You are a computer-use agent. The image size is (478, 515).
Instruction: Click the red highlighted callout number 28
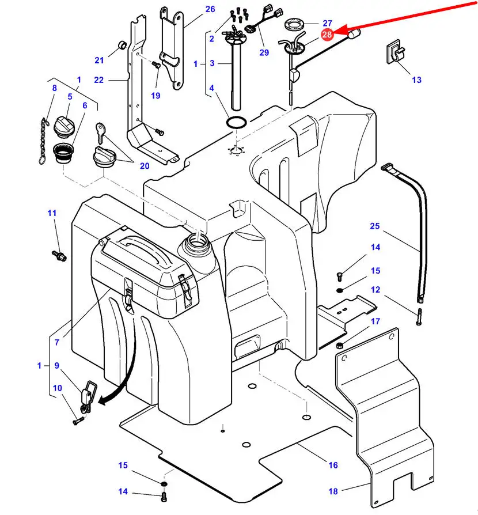(x=327, y=35)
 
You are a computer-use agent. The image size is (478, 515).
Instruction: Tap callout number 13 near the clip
(x=416, y=79)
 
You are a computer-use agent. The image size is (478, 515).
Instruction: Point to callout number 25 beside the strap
(x=375, y=226)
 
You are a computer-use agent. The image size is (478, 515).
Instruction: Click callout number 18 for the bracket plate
(x=333, y=491)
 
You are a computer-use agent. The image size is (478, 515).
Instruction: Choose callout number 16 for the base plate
(x=333, y=465)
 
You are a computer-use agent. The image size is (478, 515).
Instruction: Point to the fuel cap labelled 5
(x=65, y=125)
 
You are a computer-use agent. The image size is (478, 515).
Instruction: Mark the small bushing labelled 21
(x=122, y=45)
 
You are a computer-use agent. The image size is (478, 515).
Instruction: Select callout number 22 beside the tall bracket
(x=99, y=80)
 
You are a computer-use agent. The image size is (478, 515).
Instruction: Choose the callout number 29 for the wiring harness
(x=264, y=53)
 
